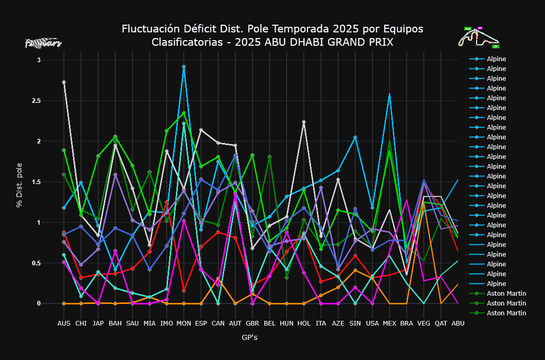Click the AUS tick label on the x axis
[x=64, y=323]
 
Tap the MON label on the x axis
[x=184, y=323]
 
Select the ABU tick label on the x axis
[x=458, y=323]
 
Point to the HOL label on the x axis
[x=304, y=323]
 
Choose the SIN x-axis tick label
[x=355, y=323]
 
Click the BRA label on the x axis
[x=407, y=323]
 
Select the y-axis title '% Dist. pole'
[x=19, y=182]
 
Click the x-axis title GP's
[x=249, y=338]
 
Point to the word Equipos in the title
[x=405, y=29]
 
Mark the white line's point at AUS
[x=64, y=82]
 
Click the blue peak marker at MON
[x=184, y=67]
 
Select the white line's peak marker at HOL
[x=304, y=122]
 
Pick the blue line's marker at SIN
[x=355, y=137]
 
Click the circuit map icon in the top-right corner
[x=479, y=38]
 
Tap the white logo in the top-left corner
[x=43, y=43]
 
